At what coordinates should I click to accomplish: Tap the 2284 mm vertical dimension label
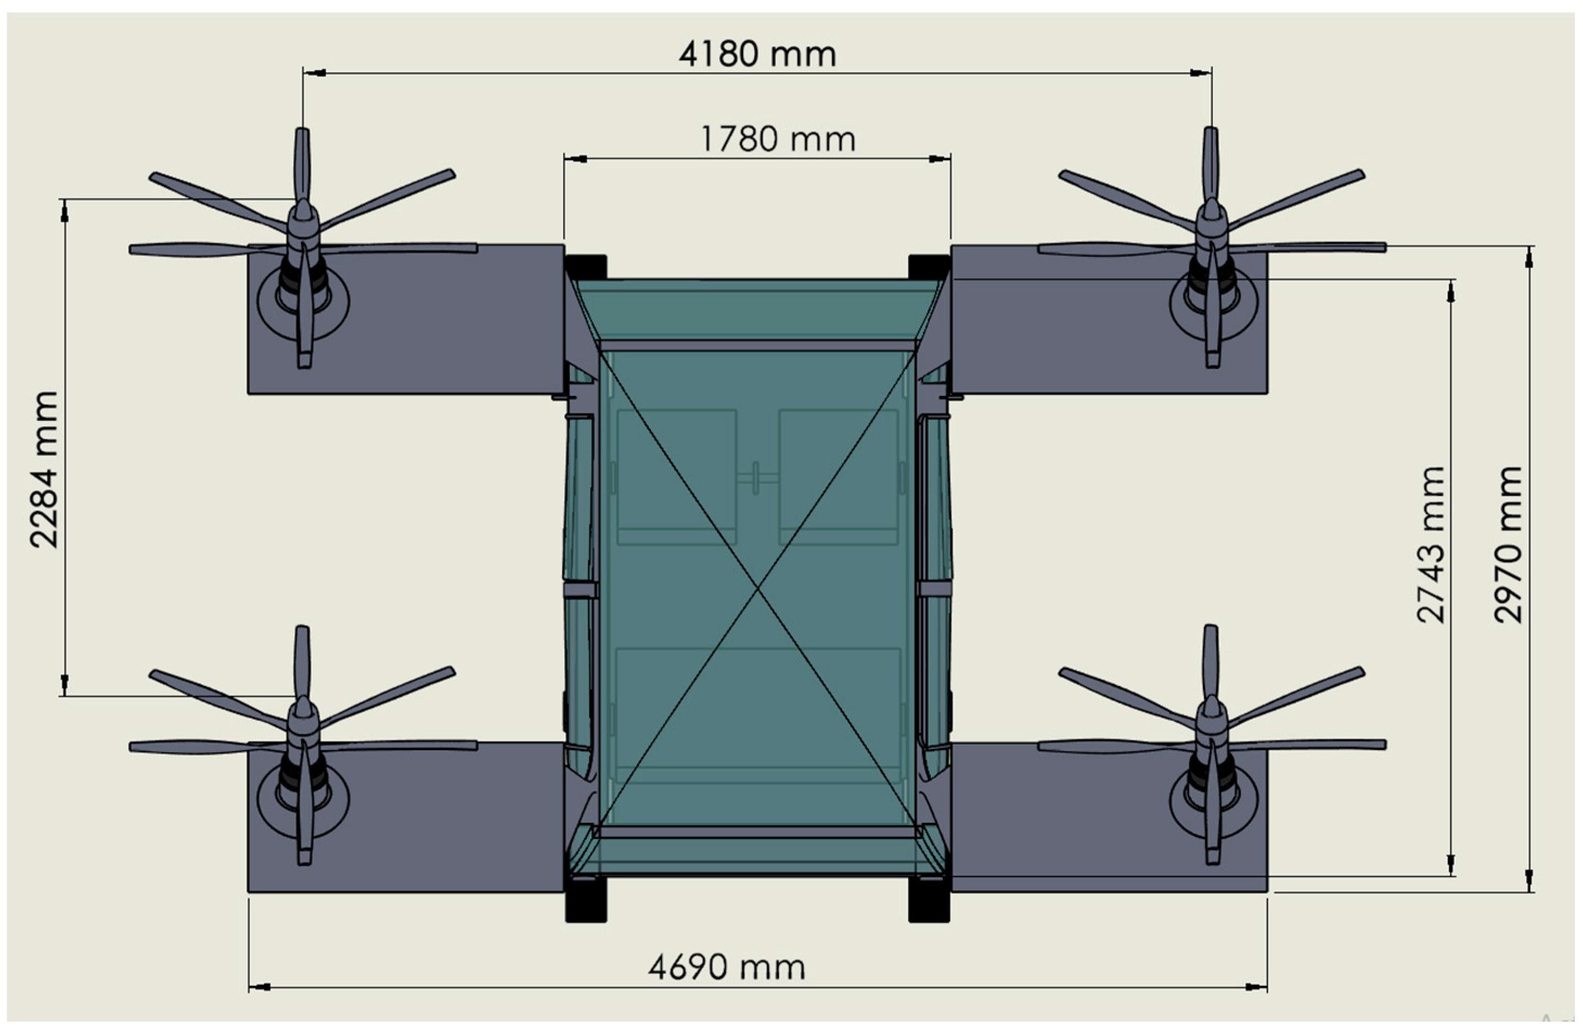44,470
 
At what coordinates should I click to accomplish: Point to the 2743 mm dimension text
1431,544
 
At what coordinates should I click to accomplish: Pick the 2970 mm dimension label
1507,544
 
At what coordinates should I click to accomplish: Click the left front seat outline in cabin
677,476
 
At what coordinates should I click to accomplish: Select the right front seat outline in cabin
838,476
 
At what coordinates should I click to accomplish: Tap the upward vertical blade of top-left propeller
302,163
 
